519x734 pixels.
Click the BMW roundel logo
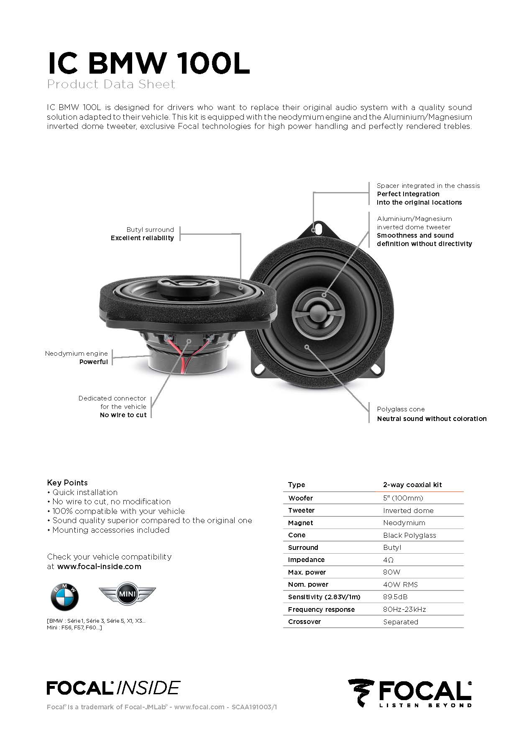64,597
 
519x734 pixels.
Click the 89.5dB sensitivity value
395,597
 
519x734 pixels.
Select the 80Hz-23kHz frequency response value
404,609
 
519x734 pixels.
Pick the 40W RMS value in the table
400,585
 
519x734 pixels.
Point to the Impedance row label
306,560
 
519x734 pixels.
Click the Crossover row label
304,622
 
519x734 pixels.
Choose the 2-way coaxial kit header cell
412,485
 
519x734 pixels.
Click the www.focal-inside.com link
99,567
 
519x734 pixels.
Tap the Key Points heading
67,482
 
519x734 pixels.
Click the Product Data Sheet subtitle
111,84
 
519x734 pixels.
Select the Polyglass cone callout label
401,409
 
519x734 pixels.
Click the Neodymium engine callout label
77,354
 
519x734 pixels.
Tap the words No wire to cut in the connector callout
123,415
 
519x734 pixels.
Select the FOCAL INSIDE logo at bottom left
113,688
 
